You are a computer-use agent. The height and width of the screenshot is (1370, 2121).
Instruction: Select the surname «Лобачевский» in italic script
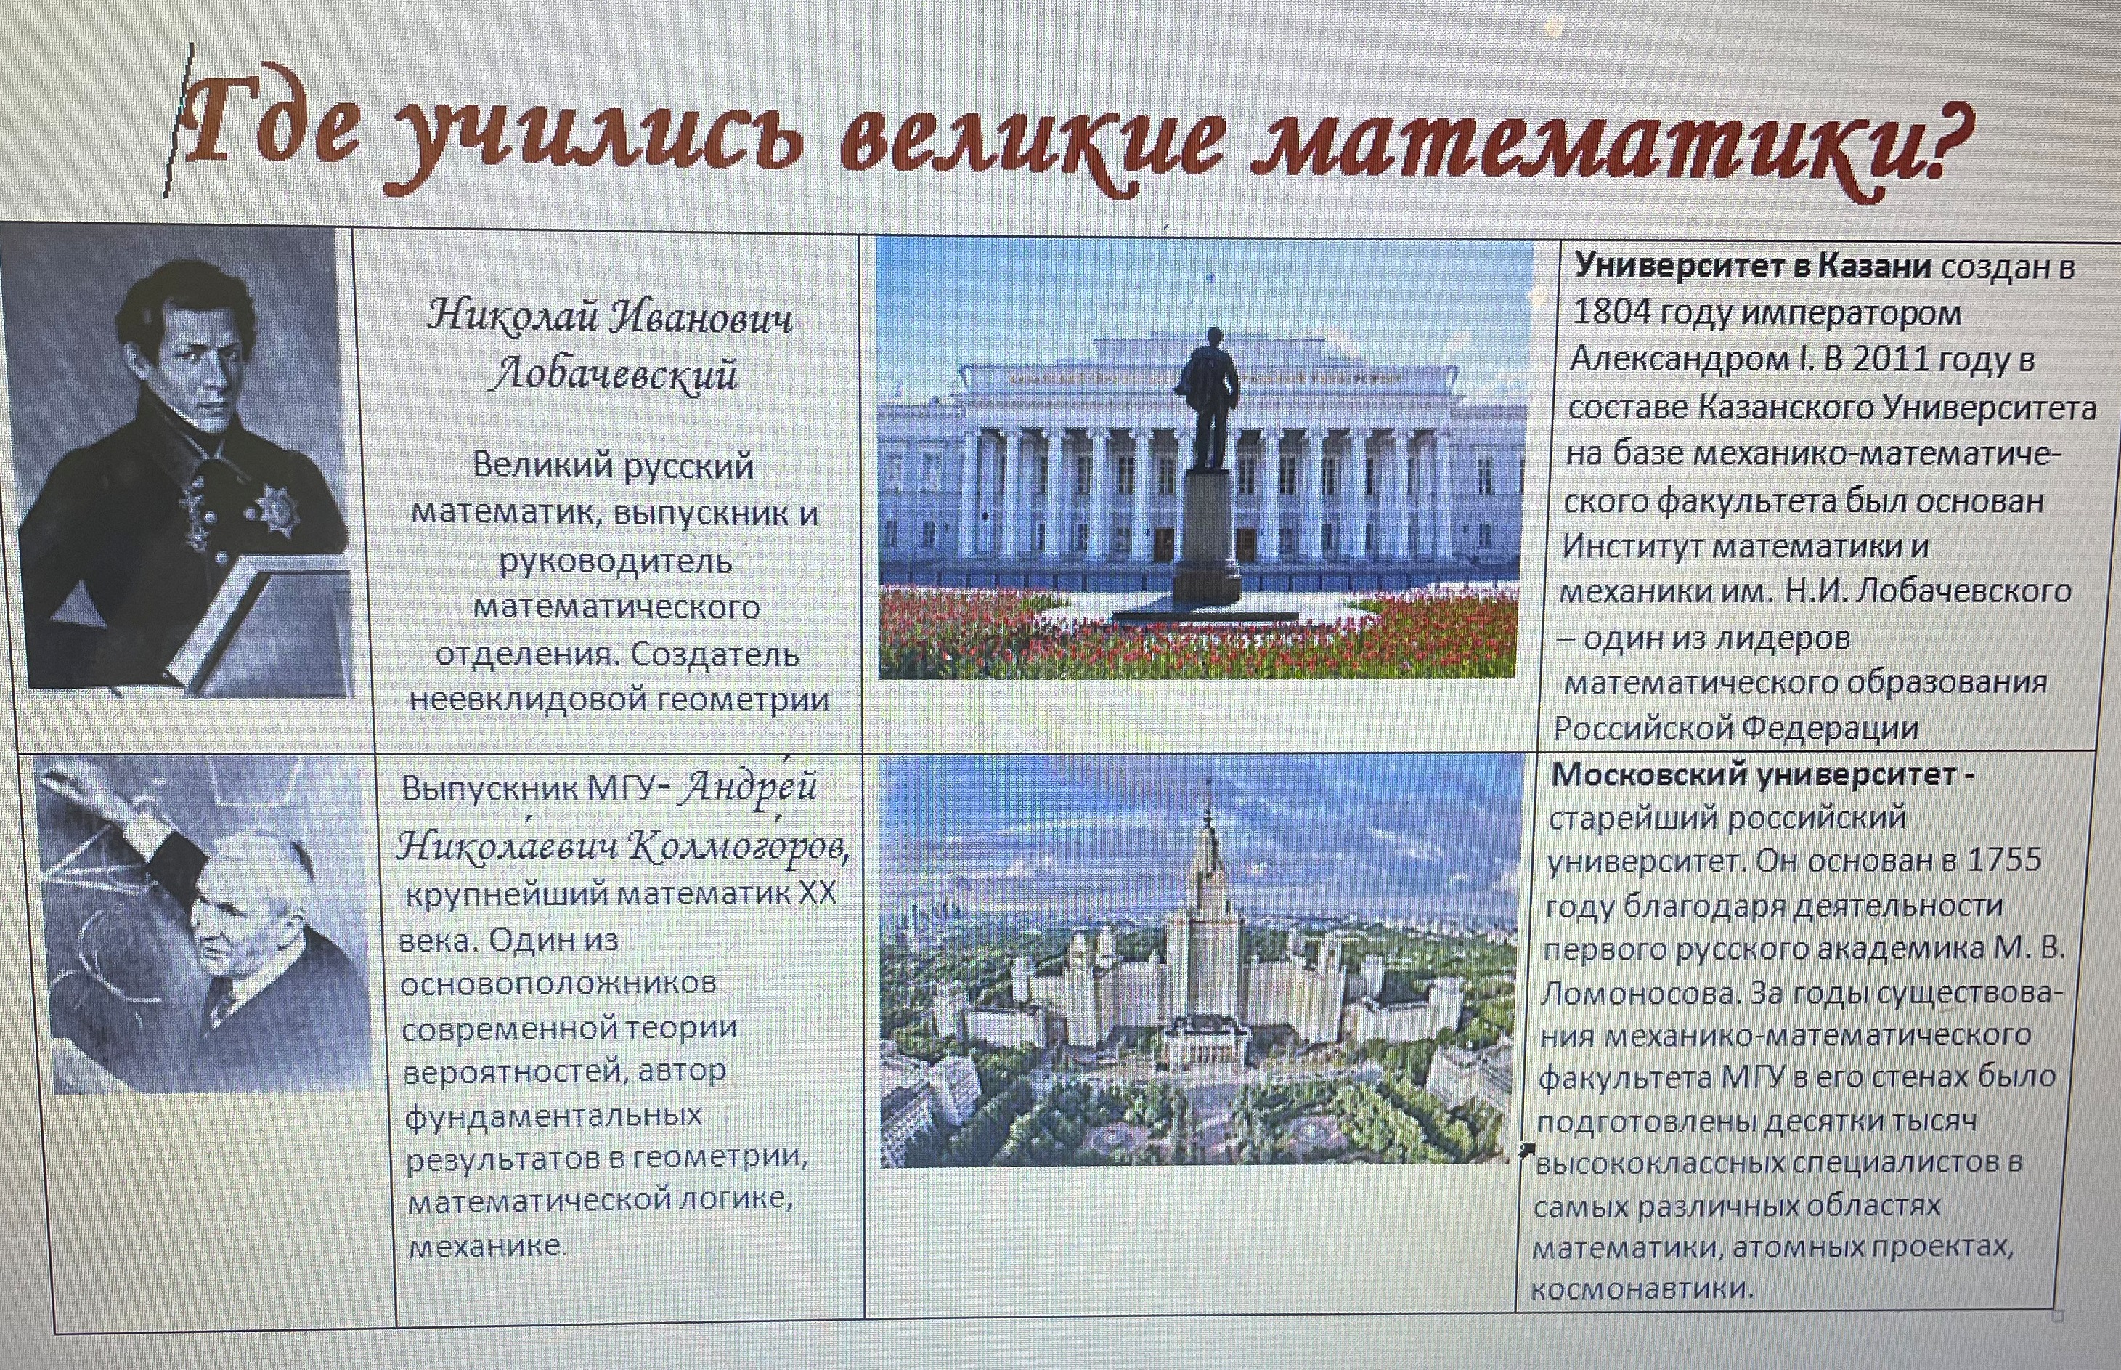(614, 373)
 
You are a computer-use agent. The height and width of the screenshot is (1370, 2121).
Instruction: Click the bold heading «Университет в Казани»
(1753, 265)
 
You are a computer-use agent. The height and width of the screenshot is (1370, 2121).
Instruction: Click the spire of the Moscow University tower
(1208, 814)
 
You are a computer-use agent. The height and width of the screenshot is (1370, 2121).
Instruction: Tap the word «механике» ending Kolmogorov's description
(484, 1246)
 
